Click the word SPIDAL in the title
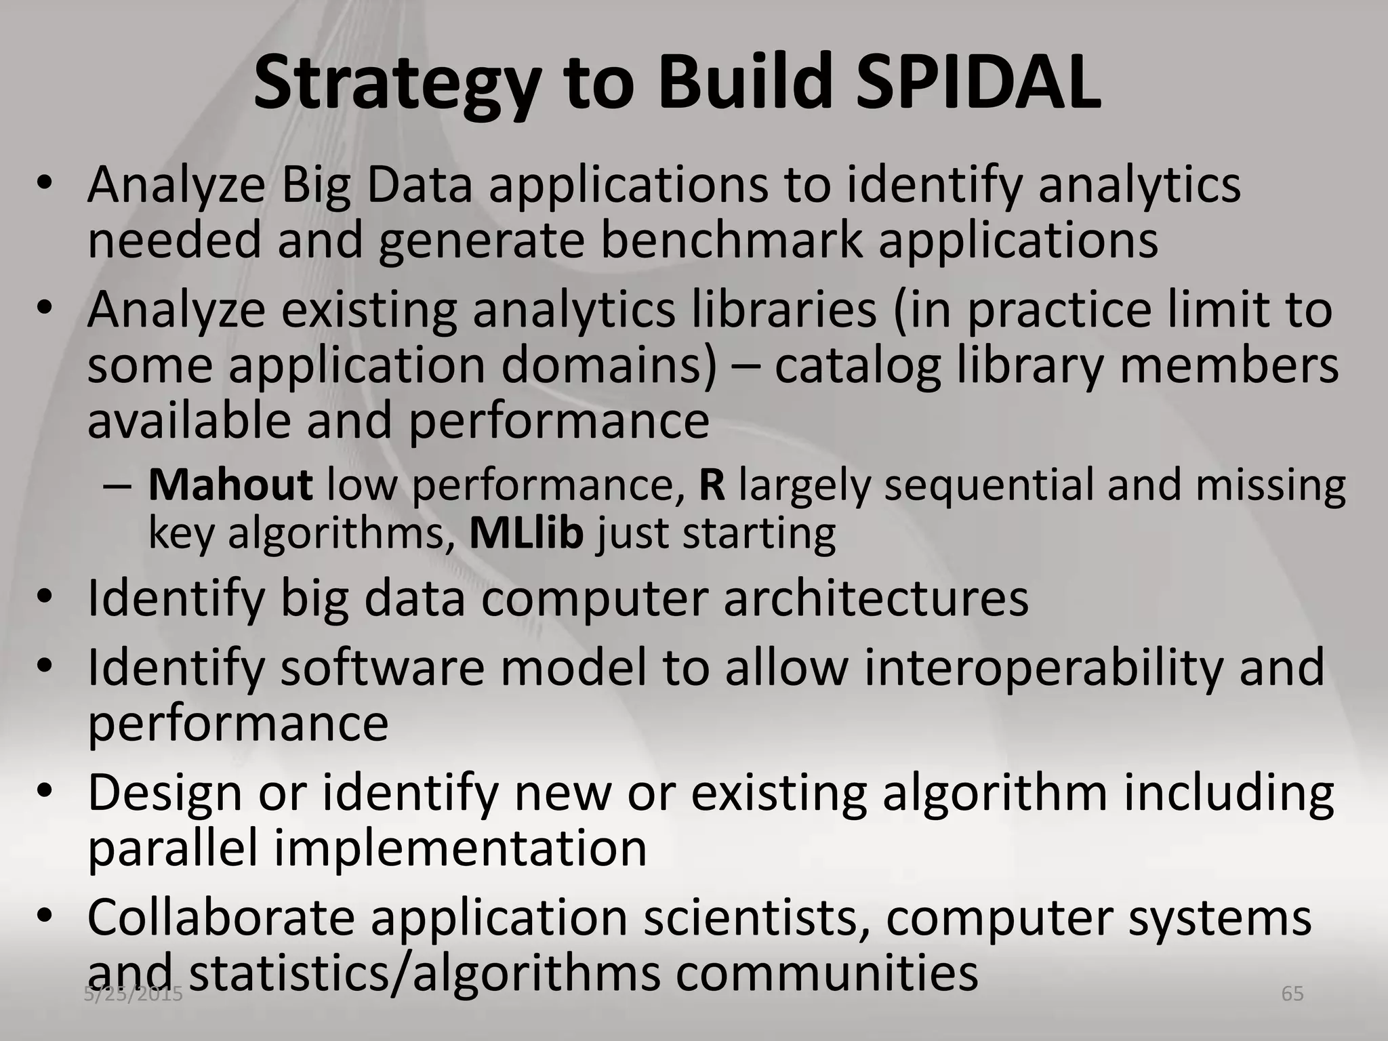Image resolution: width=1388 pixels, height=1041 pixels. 977,83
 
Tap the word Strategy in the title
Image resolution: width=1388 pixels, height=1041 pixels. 397,85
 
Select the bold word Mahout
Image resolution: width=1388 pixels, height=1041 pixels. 230,485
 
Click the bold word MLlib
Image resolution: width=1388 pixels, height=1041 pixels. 526,533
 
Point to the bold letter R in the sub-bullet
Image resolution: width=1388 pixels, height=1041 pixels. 712,485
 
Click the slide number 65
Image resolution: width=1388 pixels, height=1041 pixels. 1292,994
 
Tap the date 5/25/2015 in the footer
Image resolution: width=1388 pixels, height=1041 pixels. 134,994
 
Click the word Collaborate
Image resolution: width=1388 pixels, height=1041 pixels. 222,918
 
